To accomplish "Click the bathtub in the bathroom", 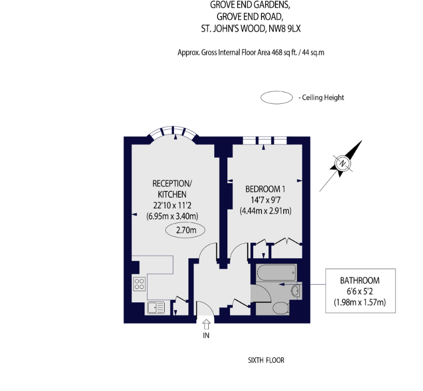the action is (x=277, y=273).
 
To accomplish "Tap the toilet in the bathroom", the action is (x=281, y=308).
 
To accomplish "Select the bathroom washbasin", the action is (x=296, y=291).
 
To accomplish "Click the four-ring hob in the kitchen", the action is (x=139, y=284).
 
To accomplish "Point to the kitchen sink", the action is (x=156, y=308).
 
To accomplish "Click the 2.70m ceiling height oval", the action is (x=185, y=230).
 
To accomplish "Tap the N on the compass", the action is (x=343, y=163).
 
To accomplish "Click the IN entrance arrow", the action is (x=207, y=324).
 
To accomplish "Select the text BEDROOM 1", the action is (x=265, y=189).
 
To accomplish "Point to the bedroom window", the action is (x=265, y=141).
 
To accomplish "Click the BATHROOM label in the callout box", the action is (x=360, y=281).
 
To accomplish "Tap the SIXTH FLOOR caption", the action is (x=266, y=360).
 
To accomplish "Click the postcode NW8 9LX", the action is (x=285, y=29).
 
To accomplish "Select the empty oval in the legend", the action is (x=276, y=97).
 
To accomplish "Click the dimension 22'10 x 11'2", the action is (x=172, y=205).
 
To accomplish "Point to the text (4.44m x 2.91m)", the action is (x=266, y=211).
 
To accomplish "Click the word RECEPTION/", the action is (x=172, y=184).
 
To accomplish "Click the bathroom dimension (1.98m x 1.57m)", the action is (x=360, y=302).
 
